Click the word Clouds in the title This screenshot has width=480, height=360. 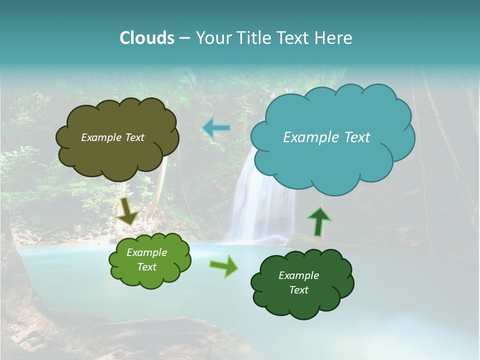click(x=146, y=38)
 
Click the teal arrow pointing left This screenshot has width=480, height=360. click(x=216, y=128)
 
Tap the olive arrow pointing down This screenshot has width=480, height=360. click(x=128, y=211)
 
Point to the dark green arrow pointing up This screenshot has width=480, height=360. click(x=318, y=221)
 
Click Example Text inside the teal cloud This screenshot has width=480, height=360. click(x=326, y=137)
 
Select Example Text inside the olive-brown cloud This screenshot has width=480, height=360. click(x=112, y=137)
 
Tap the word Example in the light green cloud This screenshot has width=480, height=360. click(x=146, y=253)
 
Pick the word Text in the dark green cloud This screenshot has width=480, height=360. click(x=298, y=290)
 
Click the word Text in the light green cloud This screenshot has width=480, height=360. click(x=146, y=267)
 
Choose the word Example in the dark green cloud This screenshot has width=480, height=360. click(x=298, y=275)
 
